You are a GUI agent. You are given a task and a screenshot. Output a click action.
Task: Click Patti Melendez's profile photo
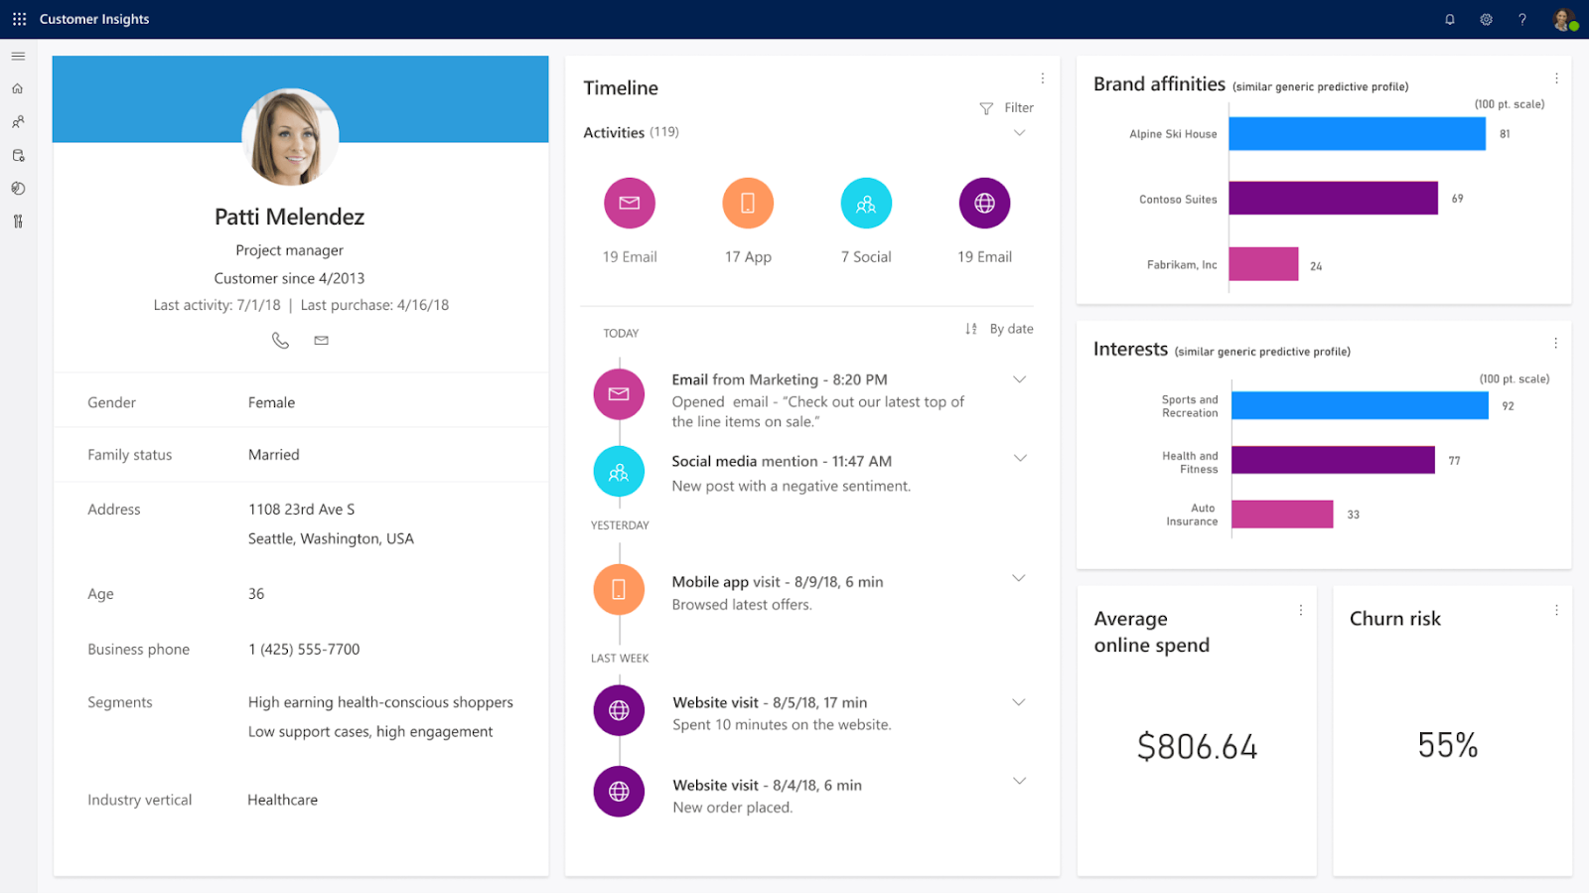point(290,137)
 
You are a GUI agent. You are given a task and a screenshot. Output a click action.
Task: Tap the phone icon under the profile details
point(280,341)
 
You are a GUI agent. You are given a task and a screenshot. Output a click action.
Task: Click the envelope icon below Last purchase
point(321,341)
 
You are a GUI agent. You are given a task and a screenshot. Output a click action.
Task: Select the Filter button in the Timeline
point(1007,108)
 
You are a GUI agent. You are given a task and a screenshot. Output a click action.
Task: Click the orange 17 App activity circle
point(748,203)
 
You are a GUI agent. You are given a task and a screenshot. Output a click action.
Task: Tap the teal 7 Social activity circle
point(866,203)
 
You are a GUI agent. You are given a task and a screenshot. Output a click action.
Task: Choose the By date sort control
point(1000,329)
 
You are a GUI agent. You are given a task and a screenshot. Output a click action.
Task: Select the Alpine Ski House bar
point(1357,134)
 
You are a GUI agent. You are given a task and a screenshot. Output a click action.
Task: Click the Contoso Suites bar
point(1333,199)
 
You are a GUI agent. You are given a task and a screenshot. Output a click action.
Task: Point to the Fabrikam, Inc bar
point(1263,264)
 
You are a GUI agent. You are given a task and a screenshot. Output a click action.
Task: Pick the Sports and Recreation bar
point(1360,405)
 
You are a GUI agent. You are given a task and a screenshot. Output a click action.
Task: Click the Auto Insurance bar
point(1282,514)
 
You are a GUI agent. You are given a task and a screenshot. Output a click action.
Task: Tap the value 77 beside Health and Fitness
point(1454,461)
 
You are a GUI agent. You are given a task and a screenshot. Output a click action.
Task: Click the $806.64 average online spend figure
point(1197,747)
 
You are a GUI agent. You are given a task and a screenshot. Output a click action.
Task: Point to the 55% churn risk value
point(1447,745)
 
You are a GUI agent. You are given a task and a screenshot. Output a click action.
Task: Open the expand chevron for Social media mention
point(1019,458)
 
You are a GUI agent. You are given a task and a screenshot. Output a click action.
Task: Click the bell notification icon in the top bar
point(1450,19)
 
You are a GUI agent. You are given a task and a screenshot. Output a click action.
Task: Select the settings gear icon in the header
point(1486,19)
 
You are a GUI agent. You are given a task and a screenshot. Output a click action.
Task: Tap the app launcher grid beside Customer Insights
point(19,19)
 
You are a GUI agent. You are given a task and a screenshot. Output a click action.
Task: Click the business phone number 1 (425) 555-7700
point(304,650)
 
